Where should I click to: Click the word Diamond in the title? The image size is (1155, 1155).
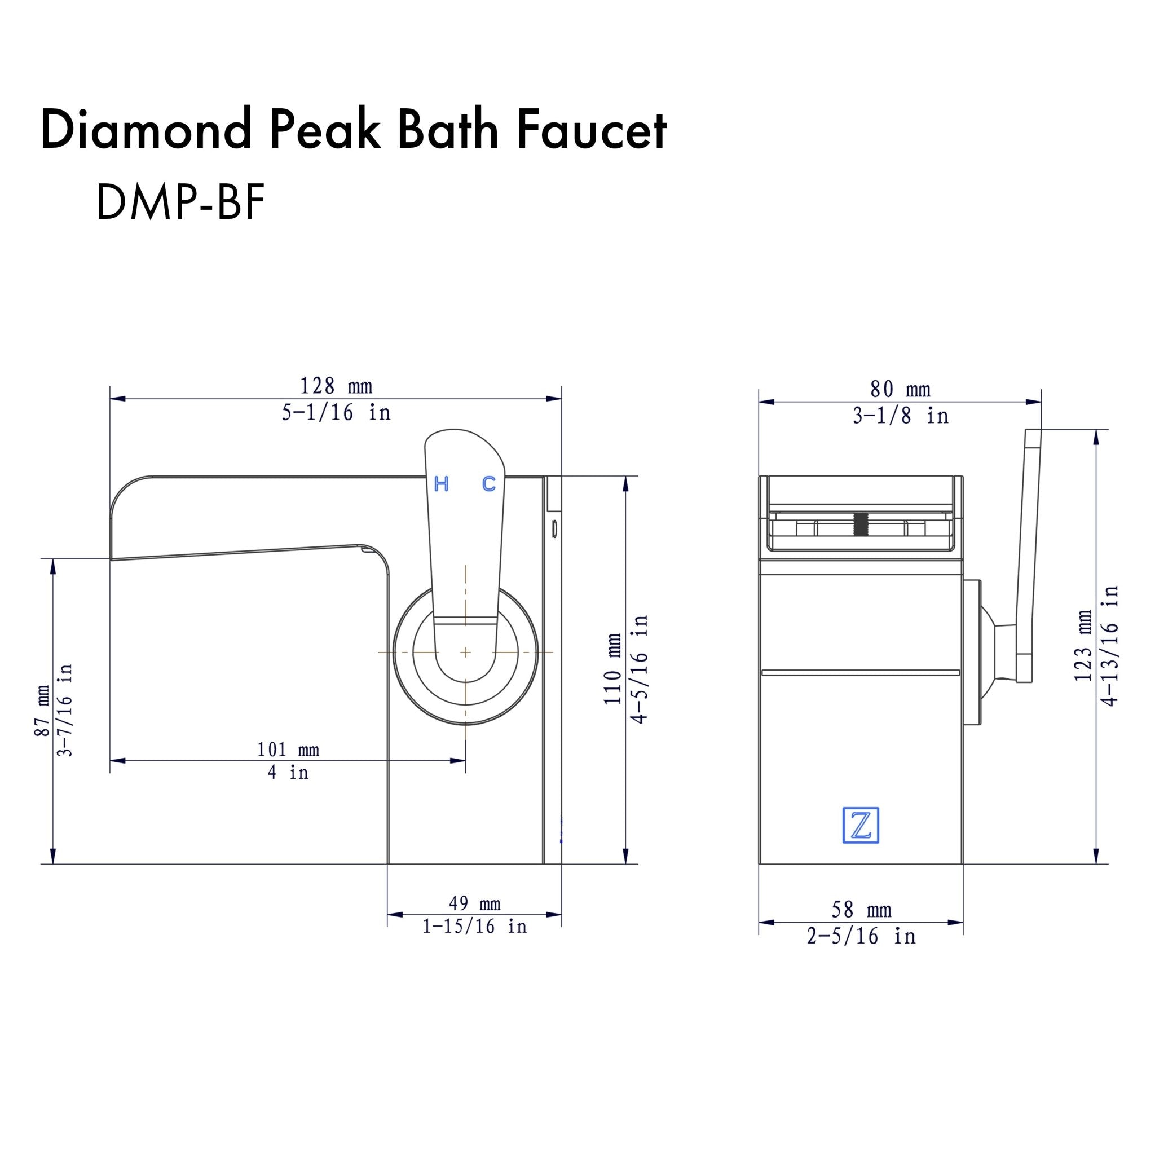click(146, 130)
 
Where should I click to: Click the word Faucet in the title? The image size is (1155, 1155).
click(591, 130)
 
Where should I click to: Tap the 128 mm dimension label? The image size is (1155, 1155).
click(336, 386)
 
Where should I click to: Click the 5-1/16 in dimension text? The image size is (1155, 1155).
click(336, 412)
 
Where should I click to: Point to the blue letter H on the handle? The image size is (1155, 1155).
click(441, 484)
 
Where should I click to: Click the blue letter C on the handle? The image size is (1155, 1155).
click(488, 484)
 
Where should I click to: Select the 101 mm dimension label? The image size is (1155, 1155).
click(288, 750)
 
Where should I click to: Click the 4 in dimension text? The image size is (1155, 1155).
click(288, 773)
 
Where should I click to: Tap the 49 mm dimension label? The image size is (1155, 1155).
click(474, 903)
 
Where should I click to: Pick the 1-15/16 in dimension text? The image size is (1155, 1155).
click(474, 927)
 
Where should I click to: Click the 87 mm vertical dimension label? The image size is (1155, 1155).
click(42, 711)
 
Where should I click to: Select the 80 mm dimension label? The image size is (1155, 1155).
click(900, 390)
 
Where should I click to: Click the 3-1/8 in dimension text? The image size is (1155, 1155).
click(900, 416)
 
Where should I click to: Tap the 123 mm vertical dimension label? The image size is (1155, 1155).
click(1083, 646)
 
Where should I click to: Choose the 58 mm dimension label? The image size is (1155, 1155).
click(861, 910)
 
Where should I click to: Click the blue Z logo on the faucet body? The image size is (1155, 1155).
click(860, 826)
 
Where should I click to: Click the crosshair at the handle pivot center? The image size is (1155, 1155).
click(466, 653)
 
